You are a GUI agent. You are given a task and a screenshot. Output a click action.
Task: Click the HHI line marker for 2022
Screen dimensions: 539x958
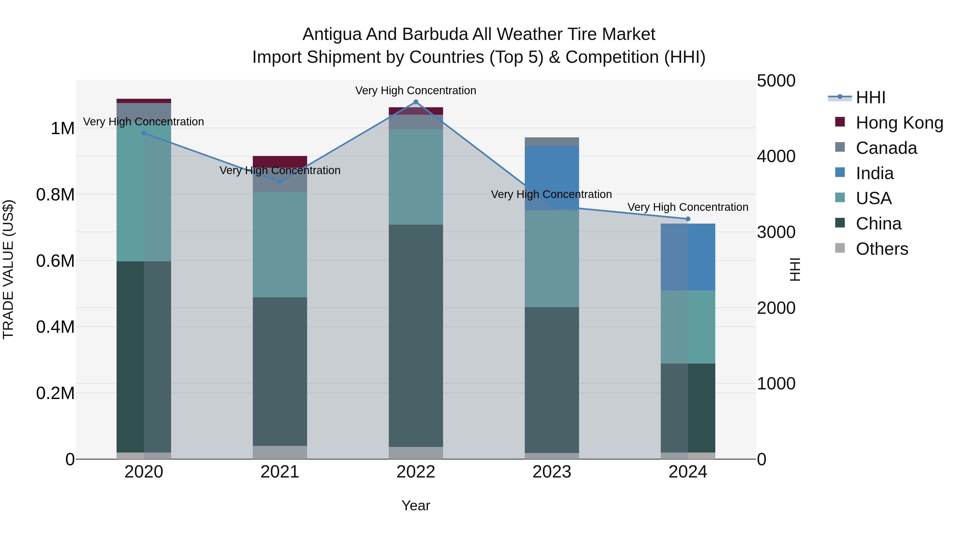[416, 102]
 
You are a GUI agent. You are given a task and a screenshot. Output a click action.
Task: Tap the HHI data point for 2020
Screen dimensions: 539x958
[144, 133]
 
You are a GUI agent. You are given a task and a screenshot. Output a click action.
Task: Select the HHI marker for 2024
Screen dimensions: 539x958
[688, 219]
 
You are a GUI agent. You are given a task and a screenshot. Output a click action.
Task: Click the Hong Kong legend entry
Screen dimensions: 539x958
[899, 123]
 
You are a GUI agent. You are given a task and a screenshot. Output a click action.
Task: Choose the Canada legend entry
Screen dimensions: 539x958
[886, 148]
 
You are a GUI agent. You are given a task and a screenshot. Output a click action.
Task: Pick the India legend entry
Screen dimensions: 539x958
[874, 173]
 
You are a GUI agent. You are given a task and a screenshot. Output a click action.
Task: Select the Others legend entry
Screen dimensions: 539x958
[882, 249]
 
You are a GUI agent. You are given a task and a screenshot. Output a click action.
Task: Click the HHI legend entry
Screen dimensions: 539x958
[870, 97]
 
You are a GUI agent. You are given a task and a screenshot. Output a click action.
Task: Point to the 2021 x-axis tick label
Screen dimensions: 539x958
[280, 472]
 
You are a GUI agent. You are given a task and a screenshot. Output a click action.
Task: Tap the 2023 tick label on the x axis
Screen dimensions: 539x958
[552, 472]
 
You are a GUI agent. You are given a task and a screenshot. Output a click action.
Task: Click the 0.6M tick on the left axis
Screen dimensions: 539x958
[55, 261]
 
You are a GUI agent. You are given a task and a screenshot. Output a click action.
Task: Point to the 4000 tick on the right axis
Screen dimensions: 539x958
[776, 156]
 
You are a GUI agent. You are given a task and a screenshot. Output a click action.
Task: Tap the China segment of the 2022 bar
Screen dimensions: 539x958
[416, 335]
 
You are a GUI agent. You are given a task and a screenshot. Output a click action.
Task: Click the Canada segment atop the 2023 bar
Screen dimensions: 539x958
[552, 142]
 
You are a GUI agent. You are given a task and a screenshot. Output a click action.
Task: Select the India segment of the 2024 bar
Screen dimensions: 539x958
[688, 257]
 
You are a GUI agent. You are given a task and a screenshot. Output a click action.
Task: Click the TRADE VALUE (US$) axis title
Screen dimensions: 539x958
[8, 269]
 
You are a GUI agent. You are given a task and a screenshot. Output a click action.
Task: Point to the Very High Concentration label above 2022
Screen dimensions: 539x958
[415, 90]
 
